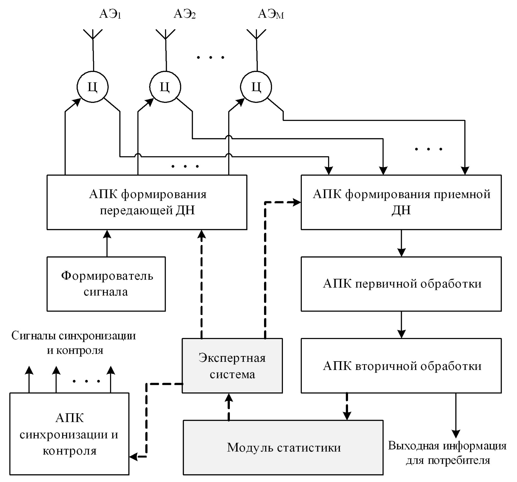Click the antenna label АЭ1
tap(110, 14)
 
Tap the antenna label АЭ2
tap(184, 14)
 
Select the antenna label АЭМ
tap(271, 14)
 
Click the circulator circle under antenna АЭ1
tap(93, 87)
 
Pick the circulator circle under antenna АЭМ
tap(257, 87)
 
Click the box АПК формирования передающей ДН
tap(147, 202)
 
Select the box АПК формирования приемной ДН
tap(401, 202)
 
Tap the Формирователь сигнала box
tap(106, 284)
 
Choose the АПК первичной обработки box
tap(401, 284)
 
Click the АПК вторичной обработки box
tap(401, 366)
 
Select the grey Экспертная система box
tap(232, 366)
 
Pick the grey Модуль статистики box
tap(283, 447)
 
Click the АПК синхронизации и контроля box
tap(69, 434)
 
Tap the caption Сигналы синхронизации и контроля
tap(74, 343)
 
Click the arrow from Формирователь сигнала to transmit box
tap(106, 243)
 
